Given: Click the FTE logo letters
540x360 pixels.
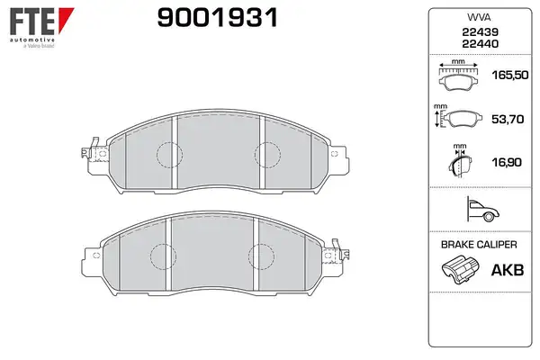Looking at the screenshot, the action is click(x=32, y=22).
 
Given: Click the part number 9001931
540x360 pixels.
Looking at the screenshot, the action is click(x=217, y=18).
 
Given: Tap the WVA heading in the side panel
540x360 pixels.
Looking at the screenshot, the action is click(x=479, y=17).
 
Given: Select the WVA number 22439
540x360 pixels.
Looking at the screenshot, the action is click(x=480, y=32).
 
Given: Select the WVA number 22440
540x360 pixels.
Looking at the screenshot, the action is click(x=480, y=44).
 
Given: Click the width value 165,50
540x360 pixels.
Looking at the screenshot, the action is click(x=510, y=75).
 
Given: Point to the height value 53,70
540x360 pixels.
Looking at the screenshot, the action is click(x=508, y=119).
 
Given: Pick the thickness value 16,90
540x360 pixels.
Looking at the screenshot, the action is click(x=507, y=162).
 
